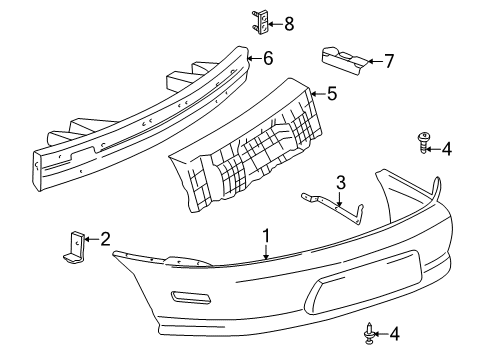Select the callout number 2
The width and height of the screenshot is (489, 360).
tap(106, 238)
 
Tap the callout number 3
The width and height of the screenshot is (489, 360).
tap(341, 183)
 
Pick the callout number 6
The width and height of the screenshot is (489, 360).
tap(267, 59)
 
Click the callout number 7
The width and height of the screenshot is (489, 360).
tap(389, 62)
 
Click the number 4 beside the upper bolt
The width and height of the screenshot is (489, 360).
tap(447, 149)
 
